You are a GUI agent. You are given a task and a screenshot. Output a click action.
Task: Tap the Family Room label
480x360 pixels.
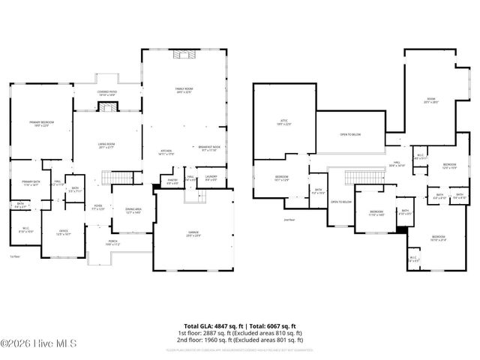(x=184, y=91)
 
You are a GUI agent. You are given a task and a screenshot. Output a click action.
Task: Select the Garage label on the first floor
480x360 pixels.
(x=193, y=234)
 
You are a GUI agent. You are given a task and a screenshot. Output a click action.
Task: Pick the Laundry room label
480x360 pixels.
(x=211, y=178)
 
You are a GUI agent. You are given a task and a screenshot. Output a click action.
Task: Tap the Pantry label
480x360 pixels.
(x=172, y=179)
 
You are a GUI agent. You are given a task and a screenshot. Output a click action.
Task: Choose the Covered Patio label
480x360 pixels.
(x=106, y=94)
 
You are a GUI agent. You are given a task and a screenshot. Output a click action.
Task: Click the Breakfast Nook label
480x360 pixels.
(x=209, y=148)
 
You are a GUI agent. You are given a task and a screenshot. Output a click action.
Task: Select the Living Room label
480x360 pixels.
(x=106, y=146)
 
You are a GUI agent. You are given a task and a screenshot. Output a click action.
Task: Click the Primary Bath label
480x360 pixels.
(x=30, y=183)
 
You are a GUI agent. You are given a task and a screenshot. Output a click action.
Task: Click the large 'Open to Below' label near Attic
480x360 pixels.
(x=350, y=135)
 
